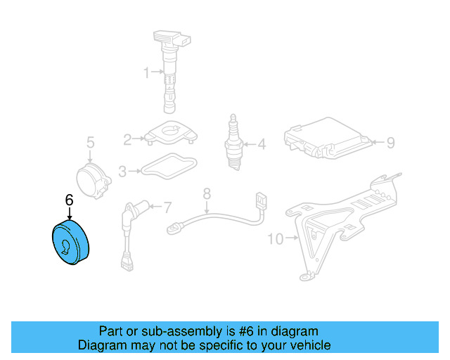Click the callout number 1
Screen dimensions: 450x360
(147, 72)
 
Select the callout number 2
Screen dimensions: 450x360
(127, 139)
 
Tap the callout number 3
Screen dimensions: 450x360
(122, 171)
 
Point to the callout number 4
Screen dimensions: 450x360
(262, 146)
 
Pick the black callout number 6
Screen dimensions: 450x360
(69, 200)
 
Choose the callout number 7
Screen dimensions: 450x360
(167, 207)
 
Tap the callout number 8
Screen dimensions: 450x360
(207, 193)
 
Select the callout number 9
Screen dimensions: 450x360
(390, 143)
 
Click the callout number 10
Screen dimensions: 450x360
(275, 239)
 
